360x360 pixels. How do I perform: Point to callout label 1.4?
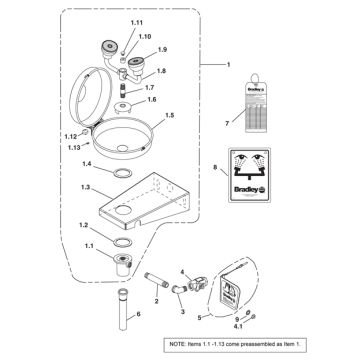tap(87, 162)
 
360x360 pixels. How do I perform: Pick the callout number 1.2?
tap(85, 225)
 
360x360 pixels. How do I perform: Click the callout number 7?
tap(226, 123)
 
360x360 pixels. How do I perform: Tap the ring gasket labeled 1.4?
tap(119, 172)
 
